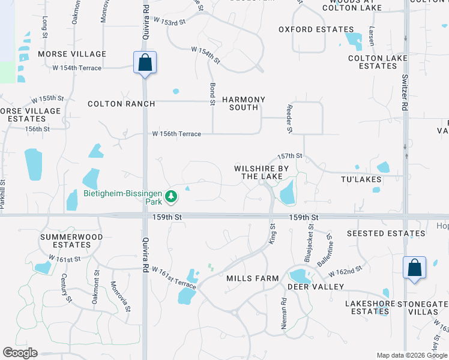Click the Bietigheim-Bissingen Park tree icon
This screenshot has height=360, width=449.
[172, 196]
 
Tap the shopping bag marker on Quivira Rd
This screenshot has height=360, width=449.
[145, 62]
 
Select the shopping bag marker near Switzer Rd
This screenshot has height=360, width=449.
[414, 268]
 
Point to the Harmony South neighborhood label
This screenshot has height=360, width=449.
[244, 103]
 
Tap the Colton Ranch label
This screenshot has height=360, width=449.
[121, 104]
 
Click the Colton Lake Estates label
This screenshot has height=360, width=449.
[378, 62]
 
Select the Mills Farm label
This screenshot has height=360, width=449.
[253, 278]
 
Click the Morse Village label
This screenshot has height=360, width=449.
[72, 54]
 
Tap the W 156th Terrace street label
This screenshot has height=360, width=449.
[176, 134]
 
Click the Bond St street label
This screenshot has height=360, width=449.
[212, 95]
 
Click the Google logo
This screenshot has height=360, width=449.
[20, 353]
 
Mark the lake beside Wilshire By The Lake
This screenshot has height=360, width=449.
[287, 193]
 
